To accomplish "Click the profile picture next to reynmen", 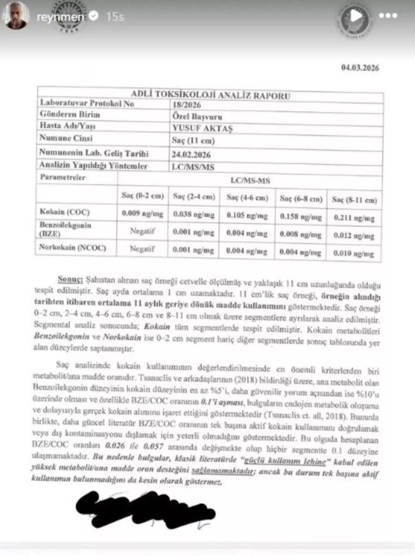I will click(x=16, y=16).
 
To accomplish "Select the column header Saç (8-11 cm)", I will click(x=355, y=200).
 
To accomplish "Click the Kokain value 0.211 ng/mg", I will click(x=355, y=218).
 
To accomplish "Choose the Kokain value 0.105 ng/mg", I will click(x=250, y=216).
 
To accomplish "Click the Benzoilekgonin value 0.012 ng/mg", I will click(x=355, y=236).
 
